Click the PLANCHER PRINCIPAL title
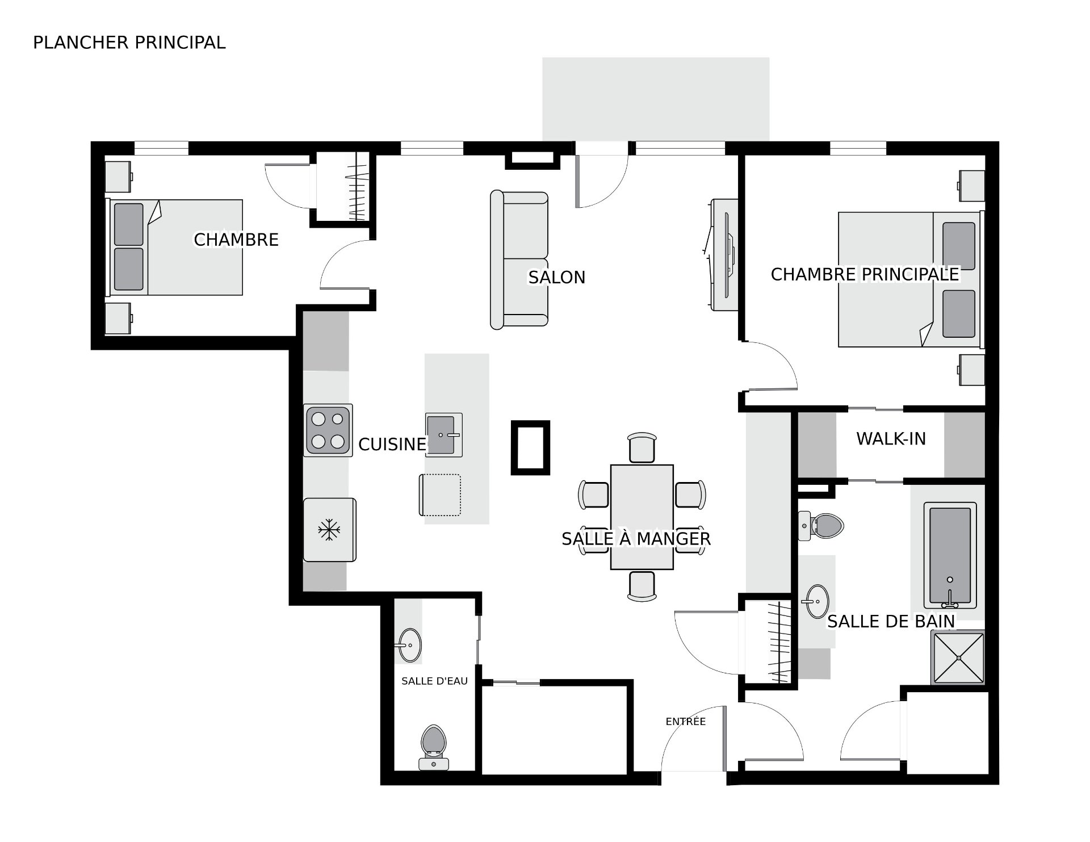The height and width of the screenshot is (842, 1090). point(129,43)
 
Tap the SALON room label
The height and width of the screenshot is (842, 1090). point(556,277)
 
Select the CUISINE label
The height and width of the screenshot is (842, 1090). point(392,444)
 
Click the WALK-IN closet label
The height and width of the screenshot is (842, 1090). point(891,438)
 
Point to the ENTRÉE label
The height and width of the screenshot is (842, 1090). point(686,721)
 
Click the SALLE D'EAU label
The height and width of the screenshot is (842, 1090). point(434,681)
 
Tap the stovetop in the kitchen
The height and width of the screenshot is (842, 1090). point(328,430)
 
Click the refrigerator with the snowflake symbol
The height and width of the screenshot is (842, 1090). point(330,530)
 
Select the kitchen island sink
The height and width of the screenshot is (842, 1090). point(443,435)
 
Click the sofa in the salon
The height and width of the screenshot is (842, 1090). point(519,259)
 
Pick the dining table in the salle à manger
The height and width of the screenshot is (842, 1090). point(642,517)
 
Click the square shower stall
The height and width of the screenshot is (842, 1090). point(959,657)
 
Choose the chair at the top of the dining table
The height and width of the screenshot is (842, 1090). point(642,447)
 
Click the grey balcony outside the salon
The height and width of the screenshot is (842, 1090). point(656,99)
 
